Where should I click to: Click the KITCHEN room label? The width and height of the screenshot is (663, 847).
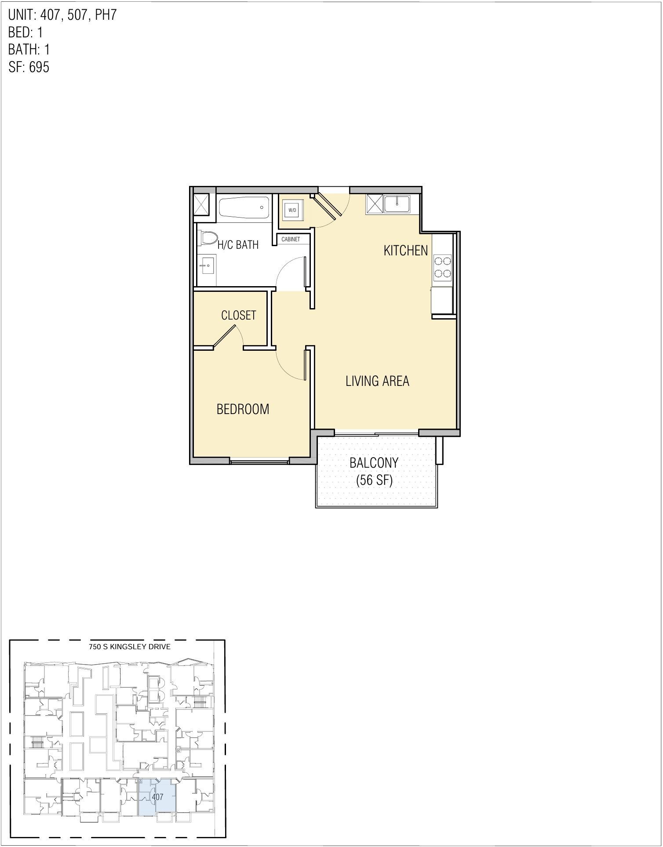pos(405,251)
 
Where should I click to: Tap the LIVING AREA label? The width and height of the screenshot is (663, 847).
pos(377,381)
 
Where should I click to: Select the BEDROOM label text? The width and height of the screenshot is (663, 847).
pos(243,409)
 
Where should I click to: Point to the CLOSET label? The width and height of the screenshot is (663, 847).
pos(238,315)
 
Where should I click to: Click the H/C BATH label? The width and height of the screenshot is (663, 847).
pos(238,245)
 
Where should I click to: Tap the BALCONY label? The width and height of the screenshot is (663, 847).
pos(374,463)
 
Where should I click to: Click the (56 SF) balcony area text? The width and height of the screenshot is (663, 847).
pos(374,480)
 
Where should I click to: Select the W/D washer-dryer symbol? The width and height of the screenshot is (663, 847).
pos(292,211)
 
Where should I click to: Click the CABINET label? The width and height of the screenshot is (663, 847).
pos(291,239)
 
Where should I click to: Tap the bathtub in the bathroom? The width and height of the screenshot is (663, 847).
pos(244,208)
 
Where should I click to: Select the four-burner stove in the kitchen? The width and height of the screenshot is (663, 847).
pos(442,267)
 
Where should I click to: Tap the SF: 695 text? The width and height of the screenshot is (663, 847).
pos(29,67)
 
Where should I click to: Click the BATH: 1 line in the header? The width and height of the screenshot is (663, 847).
pos(29,49)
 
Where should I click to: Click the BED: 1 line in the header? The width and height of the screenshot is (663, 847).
pos(25,32)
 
